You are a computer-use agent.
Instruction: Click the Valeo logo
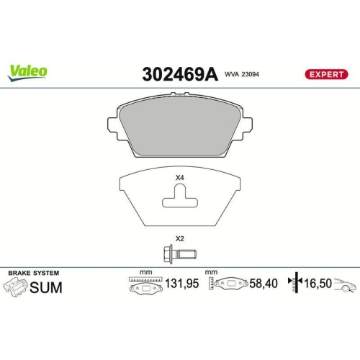pos(28,71)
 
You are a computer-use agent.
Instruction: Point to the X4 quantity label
pos(179,178)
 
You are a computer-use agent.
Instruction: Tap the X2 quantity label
pos(179,239)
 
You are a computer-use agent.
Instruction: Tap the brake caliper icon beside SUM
pos(17,288)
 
